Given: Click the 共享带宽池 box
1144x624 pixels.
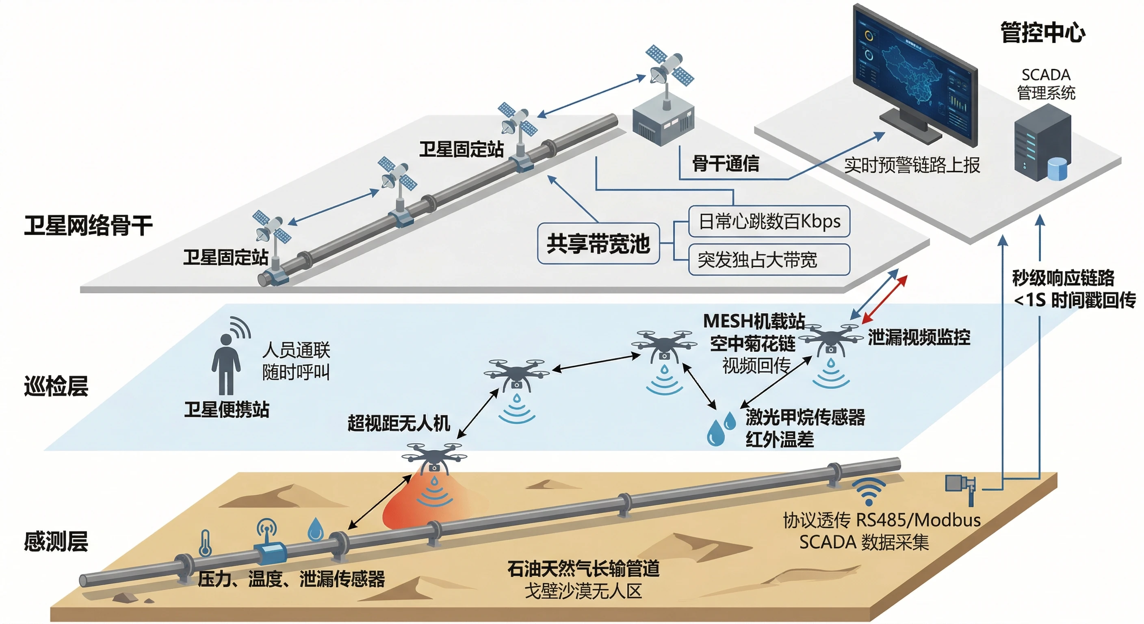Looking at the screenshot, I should coord(598,244).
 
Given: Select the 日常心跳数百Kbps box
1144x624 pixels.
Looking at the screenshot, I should coord(769,221).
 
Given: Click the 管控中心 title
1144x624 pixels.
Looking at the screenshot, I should coord(1043,33).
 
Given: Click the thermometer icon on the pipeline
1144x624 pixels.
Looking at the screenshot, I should coord(205,543).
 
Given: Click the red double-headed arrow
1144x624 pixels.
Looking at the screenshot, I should coord(884,299).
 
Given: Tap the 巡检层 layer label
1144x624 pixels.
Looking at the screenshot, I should coord(56,386).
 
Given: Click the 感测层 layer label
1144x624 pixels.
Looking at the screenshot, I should coord(56,542).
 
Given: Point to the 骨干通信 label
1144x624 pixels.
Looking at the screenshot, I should coord(726,163).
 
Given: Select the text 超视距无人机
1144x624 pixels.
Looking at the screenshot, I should coord(399,423).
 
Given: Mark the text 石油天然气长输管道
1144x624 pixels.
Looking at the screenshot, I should coord(583,569).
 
